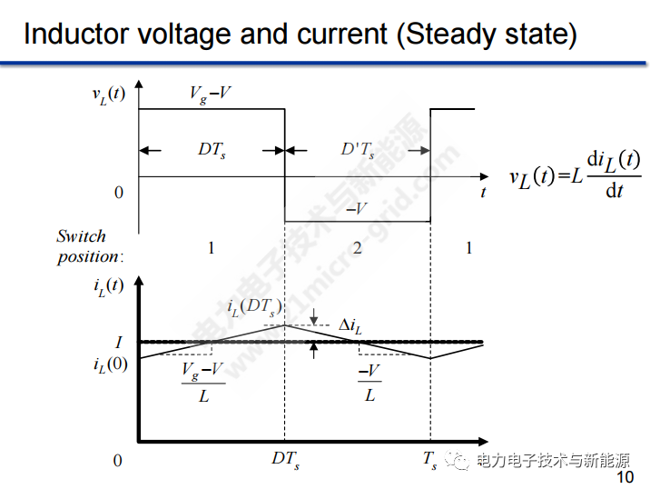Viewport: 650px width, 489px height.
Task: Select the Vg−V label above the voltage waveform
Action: click(211, 94)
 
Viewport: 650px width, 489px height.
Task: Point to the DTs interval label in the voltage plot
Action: click(212, 149)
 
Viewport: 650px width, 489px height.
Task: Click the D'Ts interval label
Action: click(357, 149)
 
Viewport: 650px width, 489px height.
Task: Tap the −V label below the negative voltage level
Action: click(357, 209)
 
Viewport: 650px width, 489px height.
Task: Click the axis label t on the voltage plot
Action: click(483, 192)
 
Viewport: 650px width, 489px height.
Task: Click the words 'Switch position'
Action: click(88, 246)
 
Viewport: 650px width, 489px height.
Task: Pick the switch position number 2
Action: click(357, 247)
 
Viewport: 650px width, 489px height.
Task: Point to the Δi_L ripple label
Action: click(355, 325)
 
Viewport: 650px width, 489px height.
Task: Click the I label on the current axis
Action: click(118, 343)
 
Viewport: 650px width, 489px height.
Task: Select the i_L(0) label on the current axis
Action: click(111, 364)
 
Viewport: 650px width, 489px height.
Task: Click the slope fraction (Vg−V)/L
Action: click(202, 383)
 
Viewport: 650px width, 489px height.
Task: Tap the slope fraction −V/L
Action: click(369, 383)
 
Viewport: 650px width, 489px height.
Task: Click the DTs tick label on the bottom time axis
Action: click(285, 460)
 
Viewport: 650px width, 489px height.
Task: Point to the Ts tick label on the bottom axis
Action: click(429, 460)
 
